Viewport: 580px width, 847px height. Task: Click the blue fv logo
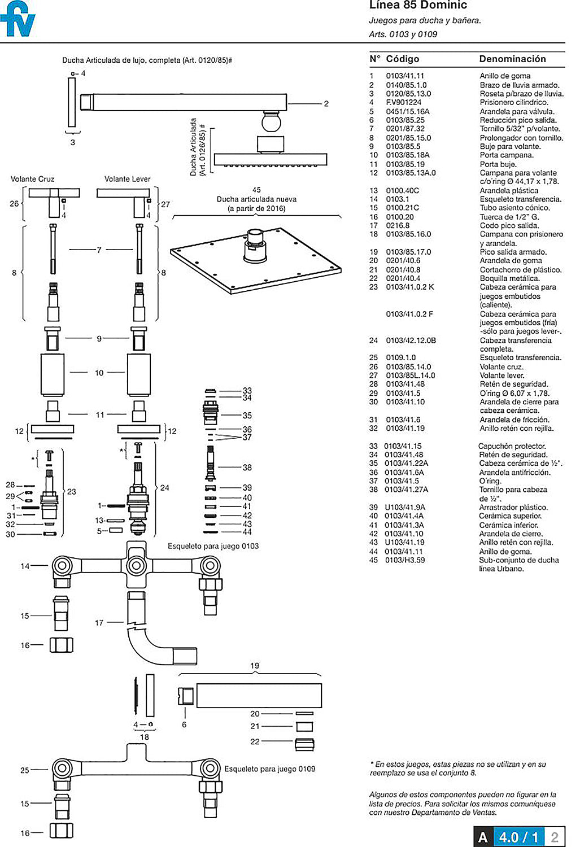(x=18, y=19)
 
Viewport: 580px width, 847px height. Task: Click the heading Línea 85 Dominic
(x=418, y=5)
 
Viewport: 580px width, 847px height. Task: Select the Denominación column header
(x=512, y=59)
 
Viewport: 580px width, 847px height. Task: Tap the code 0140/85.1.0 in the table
(x=406, y=85)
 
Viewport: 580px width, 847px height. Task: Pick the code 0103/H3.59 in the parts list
(x=404, y=560)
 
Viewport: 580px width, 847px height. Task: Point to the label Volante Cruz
(x=32, y=179)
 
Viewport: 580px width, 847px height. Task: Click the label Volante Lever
(x=127, y=179)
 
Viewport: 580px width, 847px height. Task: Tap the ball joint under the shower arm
(x=272, y=121)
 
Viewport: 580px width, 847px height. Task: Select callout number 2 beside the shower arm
(x=326, y=103)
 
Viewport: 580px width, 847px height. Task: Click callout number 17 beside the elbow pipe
(x=99, y=622)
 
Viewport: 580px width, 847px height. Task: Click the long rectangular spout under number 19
(x=259, y=695)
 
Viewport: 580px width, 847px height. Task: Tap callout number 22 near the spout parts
(x=255, y=741)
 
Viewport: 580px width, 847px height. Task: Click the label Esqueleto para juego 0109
(x=269, y=769)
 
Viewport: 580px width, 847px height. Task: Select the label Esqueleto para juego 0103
(x=213, y=546)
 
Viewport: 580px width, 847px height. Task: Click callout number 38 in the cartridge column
(x=247, y=468)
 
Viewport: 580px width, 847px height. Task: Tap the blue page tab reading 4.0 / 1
(x=519, y=837)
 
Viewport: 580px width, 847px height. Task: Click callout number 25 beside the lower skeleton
(x=25, y=770)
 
